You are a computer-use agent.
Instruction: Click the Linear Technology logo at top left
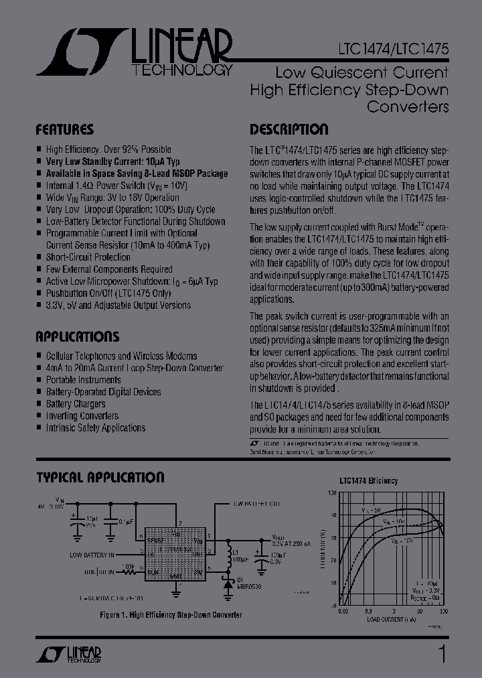tap(134, 52)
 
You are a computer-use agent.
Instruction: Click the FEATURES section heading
tap(64, 129)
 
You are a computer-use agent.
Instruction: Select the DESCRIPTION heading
tap(289, 129)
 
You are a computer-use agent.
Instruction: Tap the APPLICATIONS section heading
tap(77, 336)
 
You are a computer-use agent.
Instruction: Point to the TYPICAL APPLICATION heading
tap(100, 478)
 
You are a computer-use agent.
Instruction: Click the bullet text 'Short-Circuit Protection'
tap(88, 257)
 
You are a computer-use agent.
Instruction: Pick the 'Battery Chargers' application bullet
tap(75, 404)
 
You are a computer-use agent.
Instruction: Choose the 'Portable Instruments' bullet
tap(83, 380)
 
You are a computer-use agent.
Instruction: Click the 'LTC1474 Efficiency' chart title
tap(368, 480)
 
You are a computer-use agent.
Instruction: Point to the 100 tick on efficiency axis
tap(333, 492)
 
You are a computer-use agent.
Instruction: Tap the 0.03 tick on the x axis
tap(343, 612)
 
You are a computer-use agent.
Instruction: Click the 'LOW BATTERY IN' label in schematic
tap(92, 555)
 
